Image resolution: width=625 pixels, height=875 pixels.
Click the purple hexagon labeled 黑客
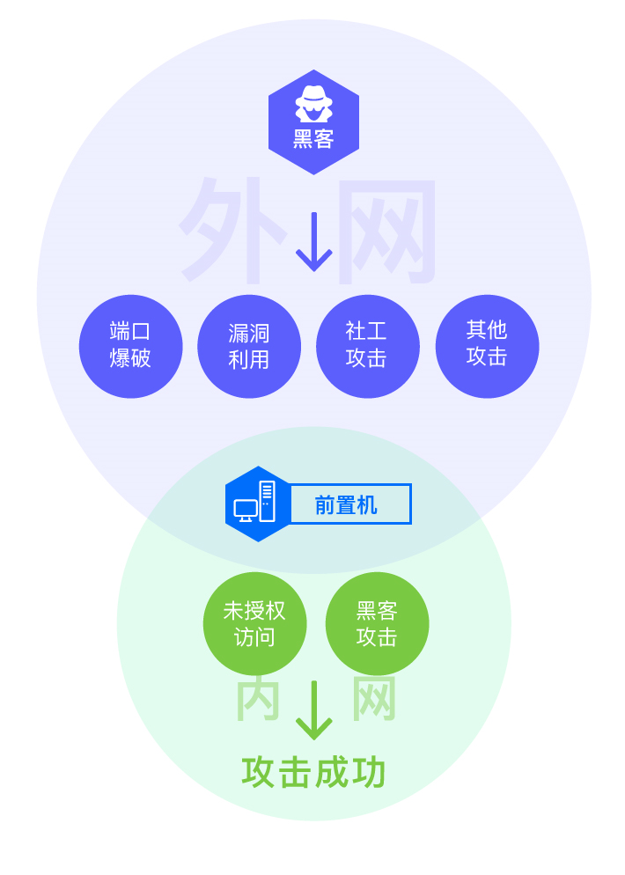[313, 121]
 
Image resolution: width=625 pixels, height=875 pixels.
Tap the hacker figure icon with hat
[313, 104]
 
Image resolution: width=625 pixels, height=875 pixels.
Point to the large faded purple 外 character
[231, 227]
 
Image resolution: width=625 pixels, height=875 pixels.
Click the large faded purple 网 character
[387, 231]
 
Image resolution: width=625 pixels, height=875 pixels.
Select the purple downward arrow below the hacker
[313, 242]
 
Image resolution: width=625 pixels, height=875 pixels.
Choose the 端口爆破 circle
[130, 346]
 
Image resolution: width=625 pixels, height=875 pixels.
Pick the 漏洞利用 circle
[249, 346]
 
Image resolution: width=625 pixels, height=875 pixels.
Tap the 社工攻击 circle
[367, 346]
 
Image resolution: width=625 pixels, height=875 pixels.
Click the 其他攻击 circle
[487, 346]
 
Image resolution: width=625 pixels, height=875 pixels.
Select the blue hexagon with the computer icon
[257, 504]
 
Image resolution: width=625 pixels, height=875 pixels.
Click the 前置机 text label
[346, 504]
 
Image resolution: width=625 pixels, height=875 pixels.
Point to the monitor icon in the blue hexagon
[246, 510]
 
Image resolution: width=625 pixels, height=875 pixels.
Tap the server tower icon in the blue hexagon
[267, 501]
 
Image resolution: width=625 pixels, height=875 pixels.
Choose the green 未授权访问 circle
[254, 623]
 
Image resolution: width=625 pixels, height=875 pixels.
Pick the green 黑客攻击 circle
[377, 623]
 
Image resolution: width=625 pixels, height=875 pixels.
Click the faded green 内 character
[258, 700]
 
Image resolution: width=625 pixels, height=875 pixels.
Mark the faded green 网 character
[374, 700]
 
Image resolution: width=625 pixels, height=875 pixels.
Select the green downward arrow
[313, 710]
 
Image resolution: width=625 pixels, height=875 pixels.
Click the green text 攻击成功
[313, 772]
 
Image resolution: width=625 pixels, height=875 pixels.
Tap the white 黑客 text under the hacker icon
[313, 139]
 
